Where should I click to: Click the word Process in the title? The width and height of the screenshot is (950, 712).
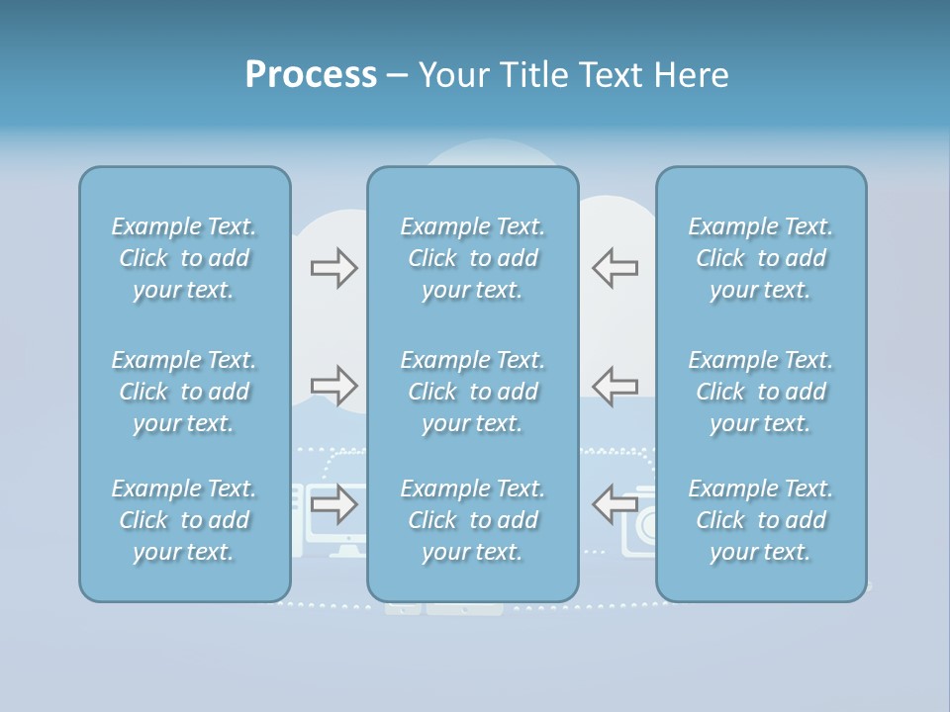311,75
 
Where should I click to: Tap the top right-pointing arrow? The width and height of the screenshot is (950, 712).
333,268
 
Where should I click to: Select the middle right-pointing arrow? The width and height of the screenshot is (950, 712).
333,386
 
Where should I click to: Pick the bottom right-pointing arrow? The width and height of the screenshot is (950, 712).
333,504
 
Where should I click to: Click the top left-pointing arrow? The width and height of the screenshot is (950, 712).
616,268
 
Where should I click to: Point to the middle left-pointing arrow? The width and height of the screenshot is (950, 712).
616,386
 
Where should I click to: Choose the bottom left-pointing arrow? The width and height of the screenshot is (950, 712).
616,504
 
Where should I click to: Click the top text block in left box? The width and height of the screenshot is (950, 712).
184,258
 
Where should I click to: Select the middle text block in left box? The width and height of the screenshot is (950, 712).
184,392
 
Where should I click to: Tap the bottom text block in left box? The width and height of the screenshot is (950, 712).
184,520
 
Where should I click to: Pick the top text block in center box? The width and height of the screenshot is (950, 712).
472,258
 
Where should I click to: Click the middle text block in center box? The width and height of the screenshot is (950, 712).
472,392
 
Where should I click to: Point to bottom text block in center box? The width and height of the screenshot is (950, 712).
472,520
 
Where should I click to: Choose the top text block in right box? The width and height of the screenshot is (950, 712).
761,258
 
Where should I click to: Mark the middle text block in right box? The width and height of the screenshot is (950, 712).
761,392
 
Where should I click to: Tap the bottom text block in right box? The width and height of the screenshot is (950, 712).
761,520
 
